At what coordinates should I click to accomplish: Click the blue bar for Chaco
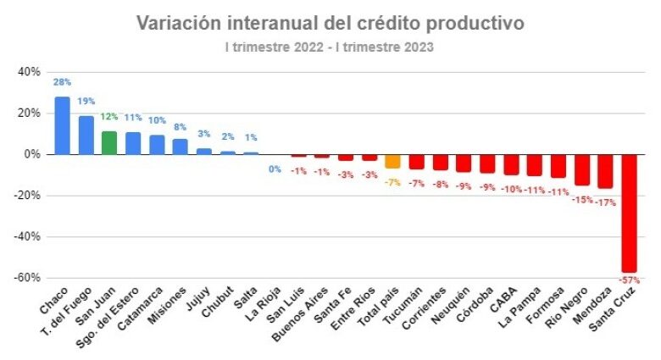[x=62, y=125]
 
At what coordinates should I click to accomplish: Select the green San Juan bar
[x=109, y=142]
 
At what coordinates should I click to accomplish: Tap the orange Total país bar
[x=392, y=161]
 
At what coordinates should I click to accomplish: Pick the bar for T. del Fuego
[x=86, y=135]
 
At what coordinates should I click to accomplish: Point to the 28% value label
[x=62, y=82]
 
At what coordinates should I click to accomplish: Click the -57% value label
[x=629, y=279]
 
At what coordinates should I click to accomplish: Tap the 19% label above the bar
[x=86, y=101]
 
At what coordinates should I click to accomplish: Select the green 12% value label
[x=109, y=116]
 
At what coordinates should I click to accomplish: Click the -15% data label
[x=581, y=200]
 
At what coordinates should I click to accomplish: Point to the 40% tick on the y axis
[x=29, y=72]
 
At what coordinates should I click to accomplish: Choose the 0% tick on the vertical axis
[x=32, y=154]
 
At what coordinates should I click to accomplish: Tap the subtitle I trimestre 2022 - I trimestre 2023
[x=330, y=47]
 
